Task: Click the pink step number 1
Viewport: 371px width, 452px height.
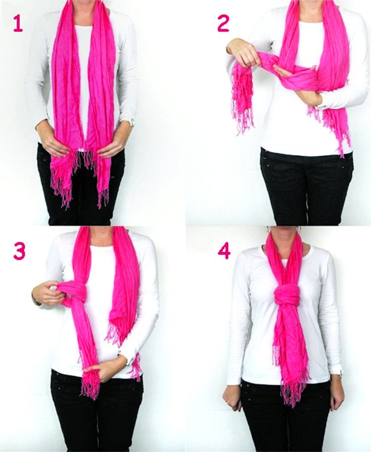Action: [x=18, y=24]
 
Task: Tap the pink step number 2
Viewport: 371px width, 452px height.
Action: [x=223, y=24]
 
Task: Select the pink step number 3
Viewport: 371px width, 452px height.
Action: [x=19, y=251]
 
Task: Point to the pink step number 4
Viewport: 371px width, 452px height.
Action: [x=224, y=251]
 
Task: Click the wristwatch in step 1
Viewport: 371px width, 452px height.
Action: [x=132, y=123]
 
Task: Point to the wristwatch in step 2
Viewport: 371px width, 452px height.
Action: [x=320, y=106]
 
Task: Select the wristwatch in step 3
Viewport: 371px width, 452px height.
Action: [x=130, y=361]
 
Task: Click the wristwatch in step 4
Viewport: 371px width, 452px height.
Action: [x=341, y=373]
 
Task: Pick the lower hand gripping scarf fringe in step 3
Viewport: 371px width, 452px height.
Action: [x=104, y=368]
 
